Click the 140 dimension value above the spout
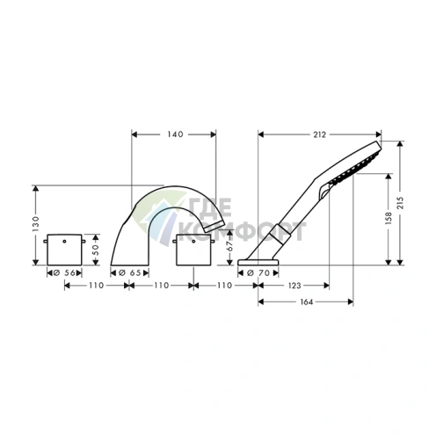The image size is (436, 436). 175,134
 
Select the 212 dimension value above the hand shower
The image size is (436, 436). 319,134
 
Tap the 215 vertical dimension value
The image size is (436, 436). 400,202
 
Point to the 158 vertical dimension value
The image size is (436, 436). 389,218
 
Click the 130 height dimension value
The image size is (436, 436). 35,224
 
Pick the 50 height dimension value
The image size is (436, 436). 96,250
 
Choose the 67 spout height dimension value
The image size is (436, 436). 230,245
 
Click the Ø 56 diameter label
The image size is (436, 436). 64,273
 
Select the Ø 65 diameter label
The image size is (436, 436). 130,273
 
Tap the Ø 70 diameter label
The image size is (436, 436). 258,273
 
